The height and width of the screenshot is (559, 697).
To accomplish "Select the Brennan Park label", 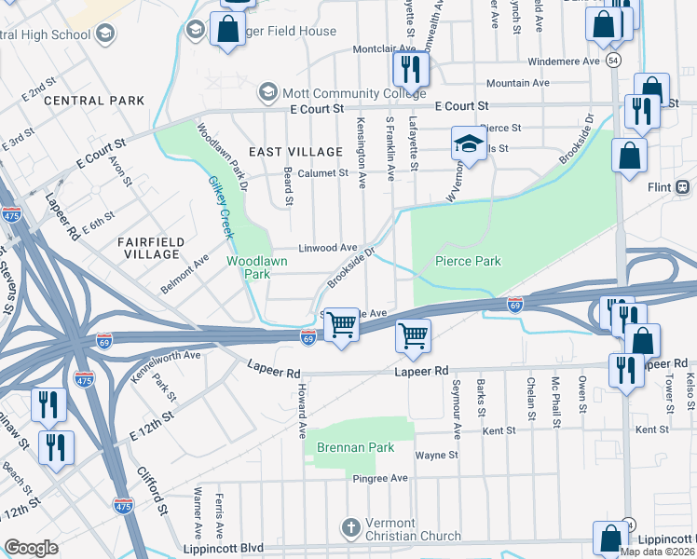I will pos(355,447).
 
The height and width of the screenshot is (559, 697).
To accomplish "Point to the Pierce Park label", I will pos(468,261).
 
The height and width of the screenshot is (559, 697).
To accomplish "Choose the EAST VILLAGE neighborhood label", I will pos(295,151).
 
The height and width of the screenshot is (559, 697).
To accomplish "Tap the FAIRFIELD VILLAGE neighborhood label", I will pos(149,247).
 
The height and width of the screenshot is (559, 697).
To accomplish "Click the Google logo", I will pos(31,548).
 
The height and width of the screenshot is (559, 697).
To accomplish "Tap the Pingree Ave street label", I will pos(380,478).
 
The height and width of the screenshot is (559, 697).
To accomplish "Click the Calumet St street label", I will pos(324,172).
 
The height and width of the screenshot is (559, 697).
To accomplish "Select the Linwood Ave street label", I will pos(328,248).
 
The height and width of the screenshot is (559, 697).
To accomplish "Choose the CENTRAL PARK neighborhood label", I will pos(94,101).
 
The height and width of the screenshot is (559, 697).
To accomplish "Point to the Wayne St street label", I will pos(436,456).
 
